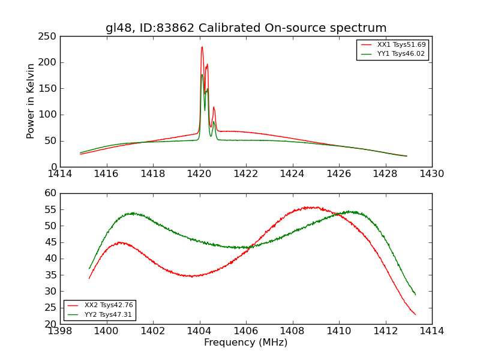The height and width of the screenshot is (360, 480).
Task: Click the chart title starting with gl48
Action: click(246, 28)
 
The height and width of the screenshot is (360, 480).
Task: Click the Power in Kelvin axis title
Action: click(31, 101)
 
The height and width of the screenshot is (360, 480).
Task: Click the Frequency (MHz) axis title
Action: click(246, 343)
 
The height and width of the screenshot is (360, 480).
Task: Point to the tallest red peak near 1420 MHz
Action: click(202, 47)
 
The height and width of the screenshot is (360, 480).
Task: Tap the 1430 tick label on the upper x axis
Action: click(432, 174)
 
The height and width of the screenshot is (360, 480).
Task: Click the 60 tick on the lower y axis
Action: click(52, 193)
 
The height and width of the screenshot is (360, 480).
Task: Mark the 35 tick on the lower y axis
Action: click(52, 275)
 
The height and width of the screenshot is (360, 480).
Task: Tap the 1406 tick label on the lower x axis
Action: click(246, 331)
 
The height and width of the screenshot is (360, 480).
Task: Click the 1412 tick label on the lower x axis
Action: click(385, 331)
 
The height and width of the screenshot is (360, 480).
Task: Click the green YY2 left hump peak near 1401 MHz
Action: click(133, 213)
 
